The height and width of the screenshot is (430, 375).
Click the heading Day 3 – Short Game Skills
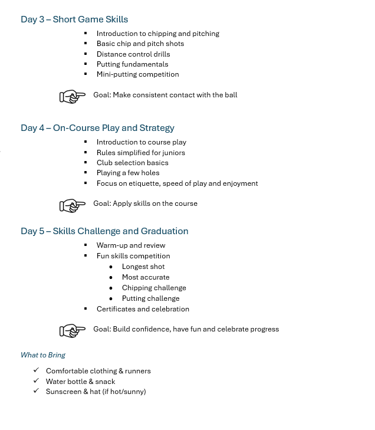pos(74,19)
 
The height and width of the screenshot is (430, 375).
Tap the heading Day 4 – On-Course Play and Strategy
pos(97,128)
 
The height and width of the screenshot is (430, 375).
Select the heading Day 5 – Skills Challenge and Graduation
pos(104,231)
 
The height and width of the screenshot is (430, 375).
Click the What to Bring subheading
pos(43,355)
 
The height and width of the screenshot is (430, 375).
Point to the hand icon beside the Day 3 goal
pos(73,96)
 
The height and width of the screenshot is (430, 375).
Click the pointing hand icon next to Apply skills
pos(73,205)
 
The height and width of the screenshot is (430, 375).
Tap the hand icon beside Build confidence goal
pos(73,331)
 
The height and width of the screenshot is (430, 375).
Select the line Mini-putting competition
pos(137,74)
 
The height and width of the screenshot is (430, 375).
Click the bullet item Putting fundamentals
pos(132,64)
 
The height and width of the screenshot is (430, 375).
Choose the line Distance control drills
pos(133,54)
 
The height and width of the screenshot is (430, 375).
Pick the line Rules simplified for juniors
pos(140,153)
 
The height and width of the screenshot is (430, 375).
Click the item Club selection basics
pos(132,163)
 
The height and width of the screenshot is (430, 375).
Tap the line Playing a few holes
pos(128,173)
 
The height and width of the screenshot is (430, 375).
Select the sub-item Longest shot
pos(143,267)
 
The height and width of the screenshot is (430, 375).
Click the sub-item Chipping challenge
pos(154,288)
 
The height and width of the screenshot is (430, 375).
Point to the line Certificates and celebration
pos(143,309)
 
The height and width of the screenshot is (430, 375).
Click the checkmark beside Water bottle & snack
pos(37,381)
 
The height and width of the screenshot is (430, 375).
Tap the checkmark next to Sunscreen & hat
pos(37,391)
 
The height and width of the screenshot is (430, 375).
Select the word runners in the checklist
pos(138,371)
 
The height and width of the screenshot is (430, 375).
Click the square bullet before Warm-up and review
pos(85,245)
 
